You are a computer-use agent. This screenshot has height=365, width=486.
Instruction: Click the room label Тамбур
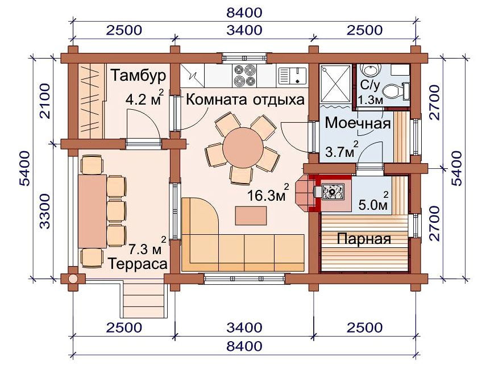138,76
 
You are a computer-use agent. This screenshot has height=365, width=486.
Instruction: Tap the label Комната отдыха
245,100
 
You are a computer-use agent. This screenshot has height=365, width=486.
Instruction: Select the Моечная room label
358,123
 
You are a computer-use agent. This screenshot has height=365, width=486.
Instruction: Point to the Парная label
364,239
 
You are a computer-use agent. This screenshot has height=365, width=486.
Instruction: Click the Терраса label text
138,264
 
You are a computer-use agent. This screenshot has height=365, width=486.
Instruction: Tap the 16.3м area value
266,196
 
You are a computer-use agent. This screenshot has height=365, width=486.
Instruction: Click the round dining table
243,148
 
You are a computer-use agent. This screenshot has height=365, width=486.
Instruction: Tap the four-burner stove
244,76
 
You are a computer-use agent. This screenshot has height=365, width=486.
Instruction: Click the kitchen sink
292,76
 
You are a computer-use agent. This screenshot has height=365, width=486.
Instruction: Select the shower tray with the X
336,84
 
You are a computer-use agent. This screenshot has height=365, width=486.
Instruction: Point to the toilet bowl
392,92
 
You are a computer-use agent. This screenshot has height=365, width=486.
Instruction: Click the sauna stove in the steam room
333,192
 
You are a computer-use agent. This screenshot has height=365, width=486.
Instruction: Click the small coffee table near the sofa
251,215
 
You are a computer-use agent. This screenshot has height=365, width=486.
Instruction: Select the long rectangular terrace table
92,211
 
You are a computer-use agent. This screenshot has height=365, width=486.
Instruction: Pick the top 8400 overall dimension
244,13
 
